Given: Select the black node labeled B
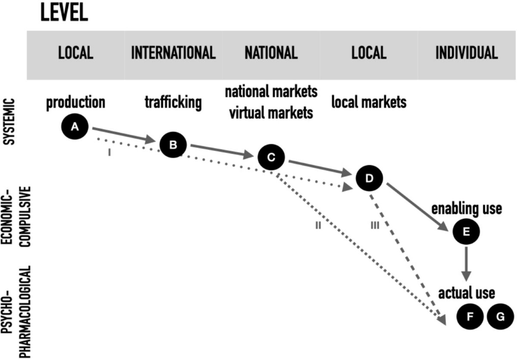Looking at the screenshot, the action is (x=173, y=145).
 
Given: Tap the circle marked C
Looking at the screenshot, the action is (x=271, y=157).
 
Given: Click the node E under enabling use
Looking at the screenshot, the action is (x=466, y=232).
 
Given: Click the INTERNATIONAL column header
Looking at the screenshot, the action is (x=173, y=53).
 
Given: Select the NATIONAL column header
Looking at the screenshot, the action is (x=271, y=53).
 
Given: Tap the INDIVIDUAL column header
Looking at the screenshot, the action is (x=467, y=53).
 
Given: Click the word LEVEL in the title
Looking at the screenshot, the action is (x=64, y=14).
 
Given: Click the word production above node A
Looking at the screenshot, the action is (x=76, y=103).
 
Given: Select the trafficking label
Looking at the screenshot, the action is (x=173, y=103).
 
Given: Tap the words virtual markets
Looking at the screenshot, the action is (x=271, y=113).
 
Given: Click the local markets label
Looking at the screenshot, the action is (x=369, y=103).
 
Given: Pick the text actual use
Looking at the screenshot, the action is (x=467, y=294).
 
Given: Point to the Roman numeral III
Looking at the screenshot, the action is (x=374, y=225).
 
